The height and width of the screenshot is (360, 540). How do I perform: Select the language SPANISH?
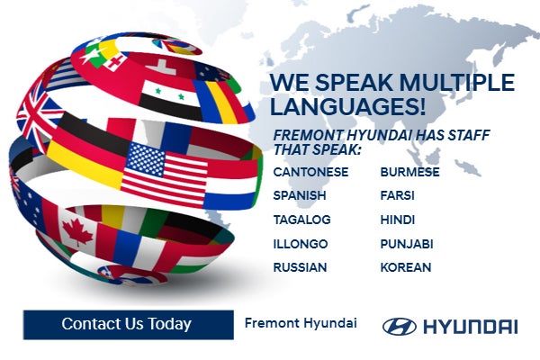tap(300, 195)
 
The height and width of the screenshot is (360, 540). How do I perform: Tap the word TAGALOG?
tap(302, 220)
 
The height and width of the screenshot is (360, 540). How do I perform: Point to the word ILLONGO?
tap(301, 244)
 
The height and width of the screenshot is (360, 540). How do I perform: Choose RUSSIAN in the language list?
tap(301, 267)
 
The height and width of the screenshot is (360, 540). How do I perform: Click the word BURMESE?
tap(409, 172)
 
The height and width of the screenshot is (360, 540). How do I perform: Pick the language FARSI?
tap(398, 195)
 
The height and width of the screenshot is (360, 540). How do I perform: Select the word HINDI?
tap(397, 220)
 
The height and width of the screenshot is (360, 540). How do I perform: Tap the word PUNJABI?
tap(407, 244)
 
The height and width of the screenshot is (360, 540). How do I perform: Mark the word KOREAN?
tap(406, 267)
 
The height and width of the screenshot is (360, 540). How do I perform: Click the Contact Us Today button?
tap(126, 324)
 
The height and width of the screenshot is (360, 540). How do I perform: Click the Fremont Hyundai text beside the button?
tap(301, 322)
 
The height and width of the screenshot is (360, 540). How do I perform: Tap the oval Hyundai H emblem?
tap(399, 326)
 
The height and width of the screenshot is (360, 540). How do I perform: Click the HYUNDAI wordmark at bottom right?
tap(469, 326)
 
